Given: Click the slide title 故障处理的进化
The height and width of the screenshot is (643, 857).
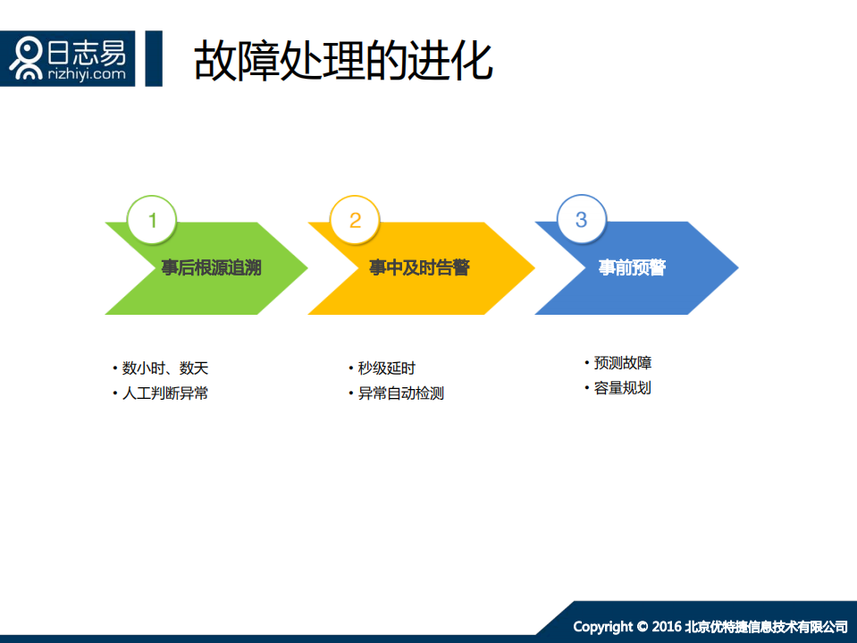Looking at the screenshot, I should (343, 61).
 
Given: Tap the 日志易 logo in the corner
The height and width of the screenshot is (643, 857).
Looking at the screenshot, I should (68, 59).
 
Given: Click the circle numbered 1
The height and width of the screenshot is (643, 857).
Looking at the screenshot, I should (152, 220).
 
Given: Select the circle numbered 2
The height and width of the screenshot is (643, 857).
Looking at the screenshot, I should (355, 220).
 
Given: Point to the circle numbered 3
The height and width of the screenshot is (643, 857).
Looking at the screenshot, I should (582, 220).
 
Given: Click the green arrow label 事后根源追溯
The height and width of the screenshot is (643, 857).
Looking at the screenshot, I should (212, 268).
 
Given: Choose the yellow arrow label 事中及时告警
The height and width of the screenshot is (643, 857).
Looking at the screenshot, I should (419, 268).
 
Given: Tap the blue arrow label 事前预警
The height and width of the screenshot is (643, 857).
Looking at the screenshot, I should (632, 268).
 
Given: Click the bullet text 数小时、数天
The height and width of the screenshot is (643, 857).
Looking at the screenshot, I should (165, 368).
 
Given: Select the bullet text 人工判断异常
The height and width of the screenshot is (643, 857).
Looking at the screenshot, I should (165, 393).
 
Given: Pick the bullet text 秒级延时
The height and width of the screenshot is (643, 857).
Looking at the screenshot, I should (386, 368).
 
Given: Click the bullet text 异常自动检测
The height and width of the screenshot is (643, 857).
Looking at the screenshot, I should (400, 393).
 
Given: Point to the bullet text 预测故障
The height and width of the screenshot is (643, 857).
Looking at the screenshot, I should (623, 363).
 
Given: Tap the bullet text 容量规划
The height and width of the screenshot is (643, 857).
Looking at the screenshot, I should (623, 388).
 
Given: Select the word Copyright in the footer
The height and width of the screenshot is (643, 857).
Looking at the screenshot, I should (603, 626).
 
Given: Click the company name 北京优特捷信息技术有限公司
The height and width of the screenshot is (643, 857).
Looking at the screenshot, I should (766, 626).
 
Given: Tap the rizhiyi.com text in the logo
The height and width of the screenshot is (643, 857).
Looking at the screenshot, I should (87, 75).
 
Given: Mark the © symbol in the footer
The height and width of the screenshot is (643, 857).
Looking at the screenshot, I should (643, 626).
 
